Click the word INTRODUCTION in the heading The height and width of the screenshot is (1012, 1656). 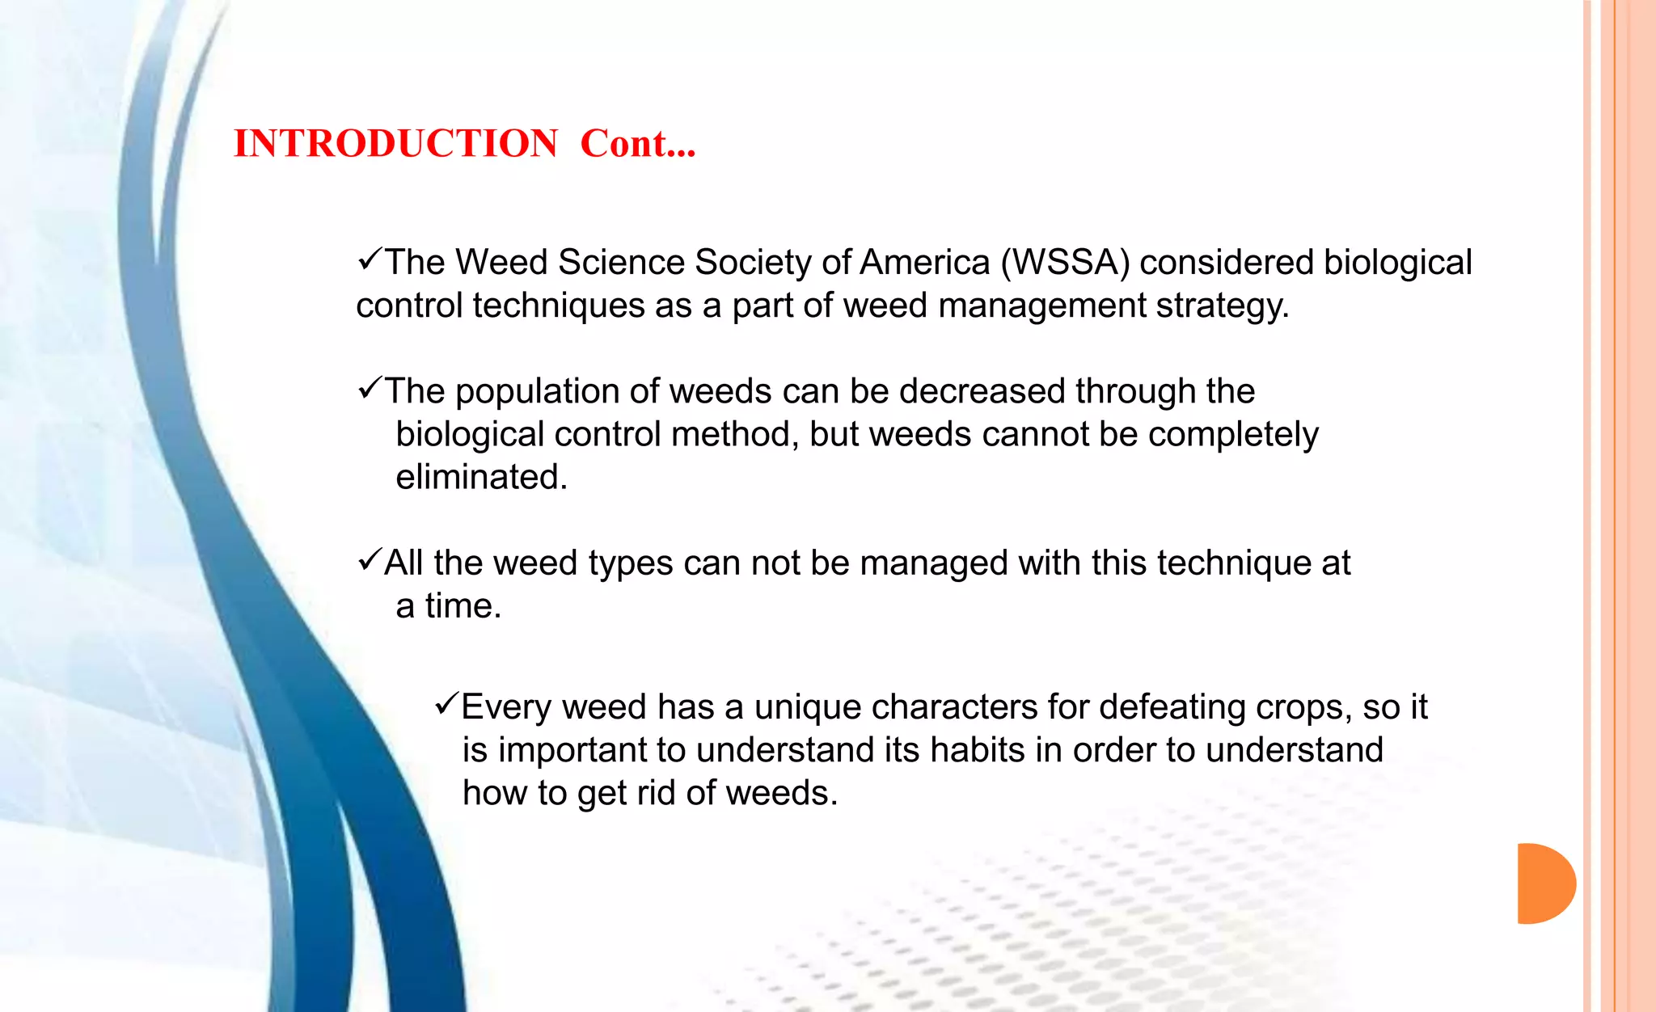[x=395, y=144]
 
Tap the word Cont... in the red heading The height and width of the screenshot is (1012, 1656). [x=638, y=144]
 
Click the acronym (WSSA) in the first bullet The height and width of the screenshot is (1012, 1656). [x=1065, y=263]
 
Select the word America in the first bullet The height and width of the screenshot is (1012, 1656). [x=924, y=263]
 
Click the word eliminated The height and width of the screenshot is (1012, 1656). [x=481, y=477]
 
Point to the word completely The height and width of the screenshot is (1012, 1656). [x=1233, y=435]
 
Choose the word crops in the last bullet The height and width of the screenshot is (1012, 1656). [x=1305, y=707]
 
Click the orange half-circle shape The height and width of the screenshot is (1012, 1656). [x=1545, y=883]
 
